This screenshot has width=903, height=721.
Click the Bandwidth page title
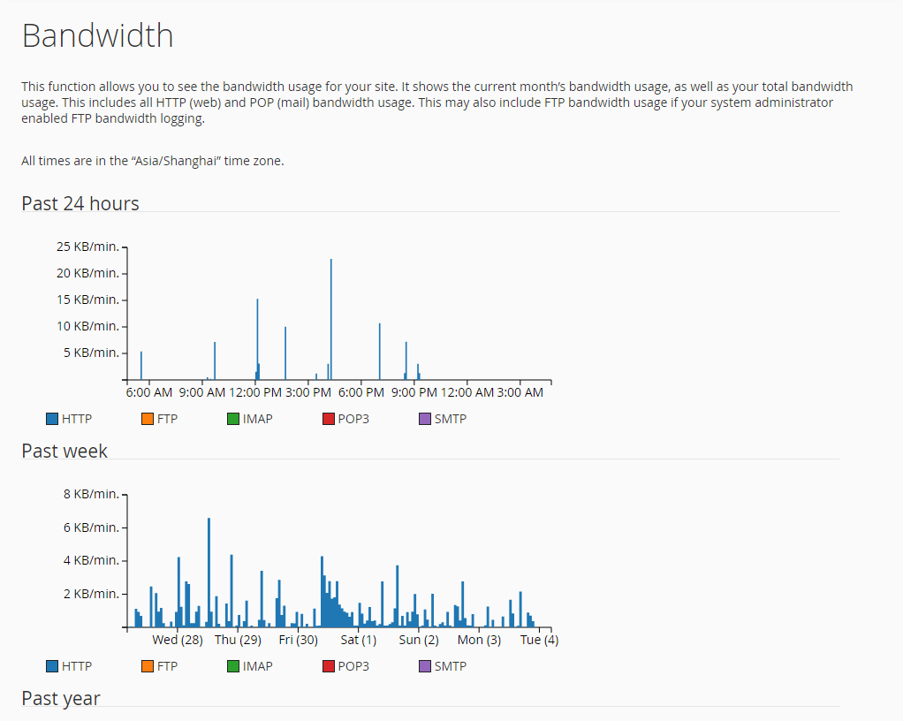pyautogui.click(x=97, y=36)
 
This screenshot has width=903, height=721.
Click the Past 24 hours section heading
pyautogui.click(x=80, y=203)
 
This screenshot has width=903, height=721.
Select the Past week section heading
pyautogui.click(x=64, y=451)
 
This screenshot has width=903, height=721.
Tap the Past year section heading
pyautogui.click(x=61, y=698)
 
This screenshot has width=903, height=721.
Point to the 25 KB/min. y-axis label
pyautogui.click(x=87, y=247)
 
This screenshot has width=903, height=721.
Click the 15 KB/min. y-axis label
pyautogui.click(x=87, y=300)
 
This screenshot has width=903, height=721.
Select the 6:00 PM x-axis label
pyautogui.click(x=360, y=392)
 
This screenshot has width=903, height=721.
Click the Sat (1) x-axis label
pyautogui.click(x=359, y=640)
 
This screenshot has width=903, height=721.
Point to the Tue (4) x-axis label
pyautogui.click(x=539, y=640)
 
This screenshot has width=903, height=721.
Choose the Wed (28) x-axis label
pyautogui.click(x=178, y=640)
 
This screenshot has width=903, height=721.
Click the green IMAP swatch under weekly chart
pyautogui.click(x=233, y=666)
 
